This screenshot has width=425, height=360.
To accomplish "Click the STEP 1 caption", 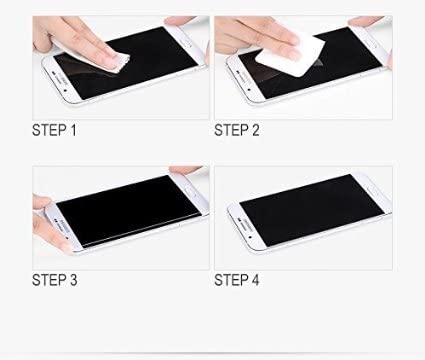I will pos(55,129).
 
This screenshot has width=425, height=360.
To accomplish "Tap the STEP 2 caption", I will pos(238,129).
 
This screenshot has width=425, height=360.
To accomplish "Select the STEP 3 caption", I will pos(56,280).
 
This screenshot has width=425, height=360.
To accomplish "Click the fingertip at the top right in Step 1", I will pos(190,21).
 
